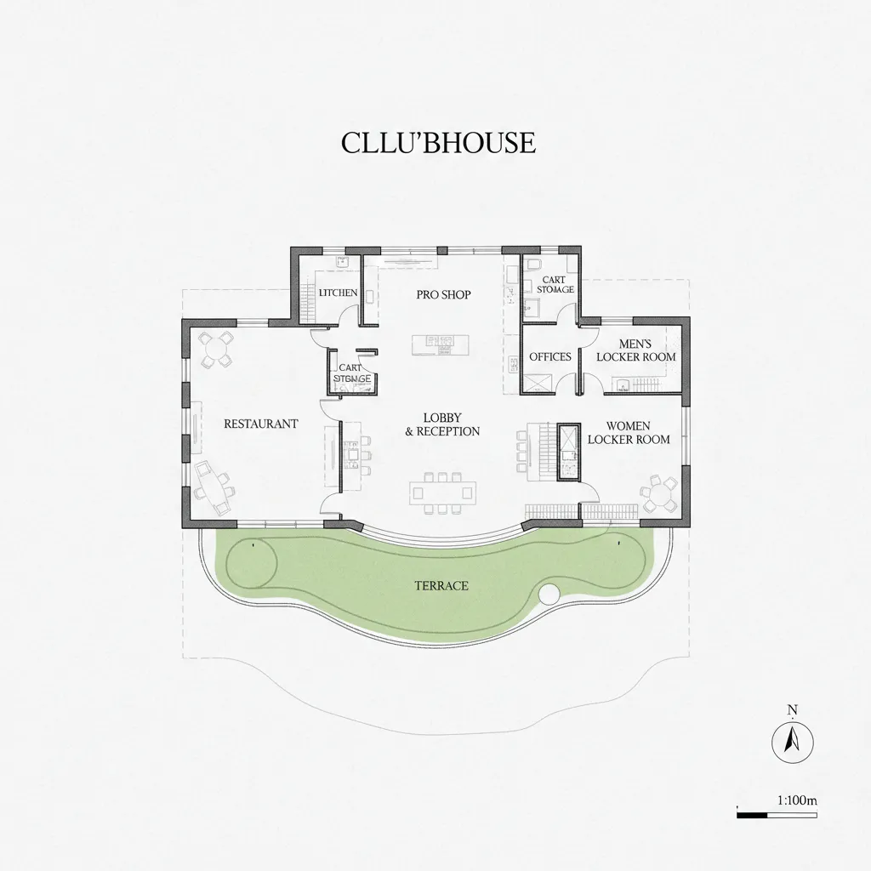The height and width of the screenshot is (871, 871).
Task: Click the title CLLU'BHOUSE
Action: (438, 143)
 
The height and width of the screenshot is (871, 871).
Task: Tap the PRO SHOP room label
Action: (443, 295)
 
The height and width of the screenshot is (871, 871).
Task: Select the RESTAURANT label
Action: (260, 424)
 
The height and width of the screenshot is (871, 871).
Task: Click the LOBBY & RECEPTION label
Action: (442, 424)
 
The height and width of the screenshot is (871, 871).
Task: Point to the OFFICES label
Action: (550, 356)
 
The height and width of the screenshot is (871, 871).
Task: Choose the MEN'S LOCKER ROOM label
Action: (635, 350)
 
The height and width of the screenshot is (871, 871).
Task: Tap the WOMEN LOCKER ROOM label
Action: (628, 432)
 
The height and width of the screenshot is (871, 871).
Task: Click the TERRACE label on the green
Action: (441, 586)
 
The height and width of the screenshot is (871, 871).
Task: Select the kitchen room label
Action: (338, 293)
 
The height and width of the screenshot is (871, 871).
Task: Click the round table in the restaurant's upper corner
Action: (216, 349)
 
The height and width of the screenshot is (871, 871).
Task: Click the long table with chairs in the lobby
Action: (442, 492)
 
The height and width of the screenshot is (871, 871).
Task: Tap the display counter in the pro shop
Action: (440, 344)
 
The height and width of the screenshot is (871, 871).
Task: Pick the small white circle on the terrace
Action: (549, 593)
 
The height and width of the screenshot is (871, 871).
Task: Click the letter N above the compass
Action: (792, 709)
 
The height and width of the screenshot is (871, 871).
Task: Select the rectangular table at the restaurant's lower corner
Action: (213, 485)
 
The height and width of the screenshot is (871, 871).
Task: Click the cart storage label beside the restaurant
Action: (350, 373)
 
